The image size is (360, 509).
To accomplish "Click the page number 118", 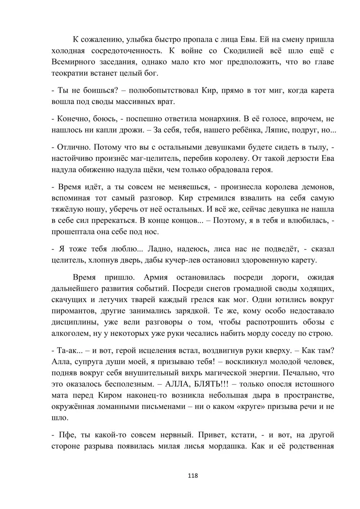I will pyautogui.click(x=193, y=476).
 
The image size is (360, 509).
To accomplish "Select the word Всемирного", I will pyautogui.click(x=73, y=62).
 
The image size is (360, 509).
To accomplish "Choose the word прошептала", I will pyautogui.click(x=72, y=231).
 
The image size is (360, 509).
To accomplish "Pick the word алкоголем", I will pyautogui.click(x=71, y=333).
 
